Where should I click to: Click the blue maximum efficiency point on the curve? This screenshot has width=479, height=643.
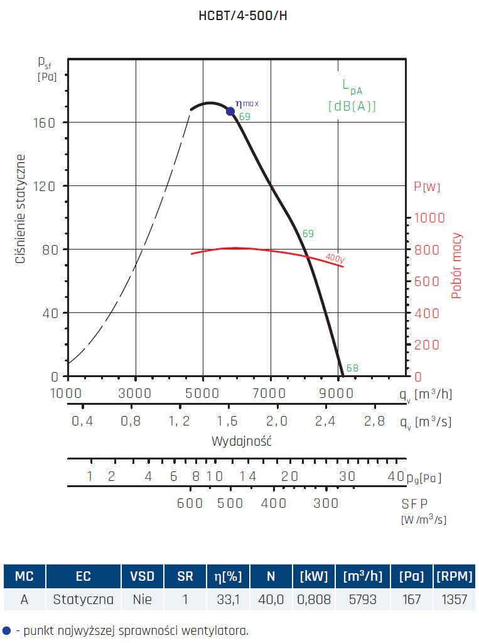pos(230,111)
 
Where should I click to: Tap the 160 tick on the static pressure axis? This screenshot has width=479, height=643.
pos(45,122)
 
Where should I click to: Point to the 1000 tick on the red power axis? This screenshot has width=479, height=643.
pos(429,217)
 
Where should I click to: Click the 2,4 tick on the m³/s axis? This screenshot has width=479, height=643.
pos(325,421)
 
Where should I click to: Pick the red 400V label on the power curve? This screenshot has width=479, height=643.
pos(335,257)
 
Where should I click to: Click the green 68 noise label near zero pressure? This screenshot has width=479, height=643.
pos(352,368)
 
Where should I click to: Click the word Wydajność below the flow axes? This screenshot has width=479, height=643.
pos(242,441)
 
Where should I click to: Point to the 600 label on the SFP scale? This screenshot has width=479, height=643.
pos(190,503)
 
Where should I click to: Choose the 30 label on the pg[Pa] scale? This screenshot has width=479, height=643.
pos(347,477)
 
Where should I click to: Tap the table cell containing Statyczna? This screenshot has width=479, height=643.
pos(83,599)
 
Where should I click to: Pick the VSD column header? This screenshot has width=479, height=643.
pos(142,576)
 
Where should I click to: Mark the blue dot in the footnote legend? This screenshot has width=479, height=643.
pos(6,630)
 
